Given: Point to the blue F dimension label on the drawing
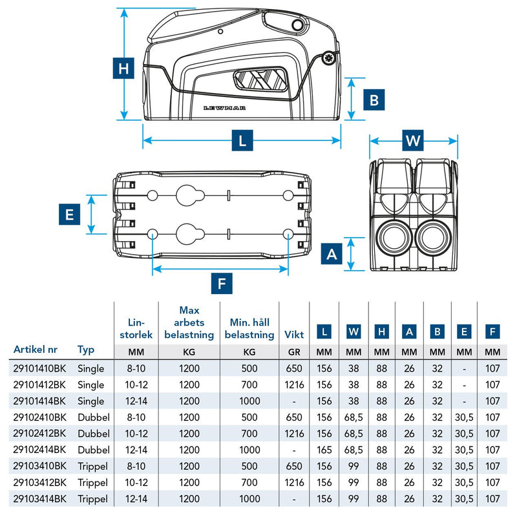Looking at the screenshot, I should point(221,282).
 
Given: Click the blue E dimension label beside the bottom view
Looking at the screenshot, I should point(69,214).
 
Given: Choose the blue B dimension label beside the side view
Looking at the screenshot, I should point(374,100).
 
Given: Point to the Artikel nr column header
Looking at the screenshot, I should point(35,350).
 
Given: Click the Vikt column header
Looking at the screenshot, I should point(295,335).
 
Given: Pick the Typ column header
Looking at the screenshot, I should point(86,350).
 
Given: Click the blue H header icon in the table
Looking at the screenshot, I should point(382,332).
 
